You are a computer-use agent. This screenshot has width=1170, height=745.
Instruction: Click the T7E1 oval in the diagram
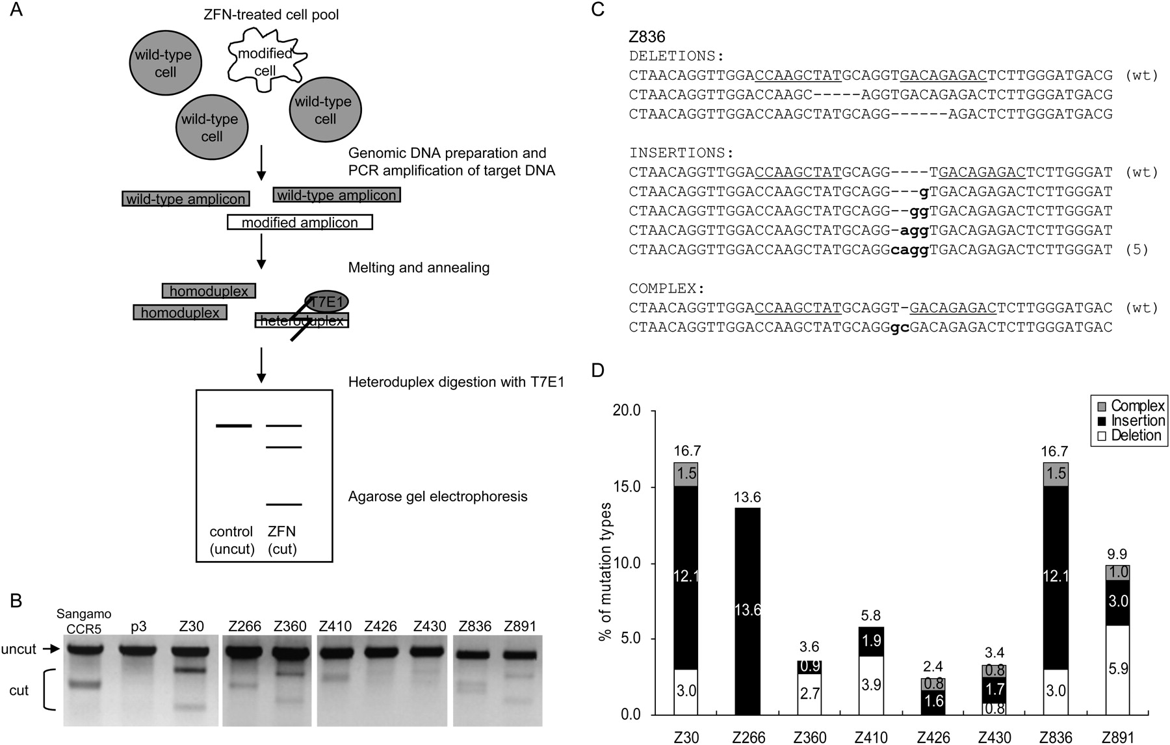[x=327, y=302]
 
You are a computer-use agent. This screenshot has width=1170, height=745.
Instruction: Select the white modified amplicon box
[x=300, y=222]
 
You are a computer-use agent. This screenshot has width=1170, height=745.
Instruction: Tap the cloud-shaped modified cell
[x=265, y=57]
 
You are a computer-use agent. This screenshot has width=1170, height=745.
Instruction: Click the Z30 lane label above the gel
[x=190, y=626]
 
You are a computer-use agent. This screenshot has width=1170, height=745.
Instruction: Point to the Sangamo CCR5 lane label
[x=84, y=621]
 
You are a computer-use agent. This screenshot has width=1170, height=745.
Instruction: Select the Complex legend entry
[x=1130, y=406]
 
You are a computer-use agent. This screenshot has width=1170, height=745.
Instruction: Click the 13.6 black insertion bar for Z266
[x=747, y=610]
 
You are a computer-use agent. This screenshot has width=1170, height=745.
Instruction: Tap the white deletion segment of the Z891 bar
[x=1118, y=670]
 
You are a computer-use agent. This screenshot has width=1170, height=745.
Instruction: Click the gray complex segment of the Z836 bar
[x=1056, y=474]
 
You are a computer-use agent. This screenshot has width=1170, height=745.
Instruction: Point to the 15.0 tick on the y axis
[x=627, y=487]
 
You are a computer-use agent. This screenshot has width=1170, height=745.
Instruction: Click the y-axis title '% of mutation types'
[x=605, y=571]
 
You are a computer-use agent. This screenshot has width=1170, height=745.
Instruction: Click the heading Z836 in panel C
[x=647, y=37]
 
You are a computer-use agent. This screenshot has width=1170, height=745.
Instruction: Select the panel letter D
[x=597, y=371]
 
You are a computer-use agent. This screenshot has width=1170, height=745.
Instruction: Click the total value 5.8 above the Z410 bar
[x=871, y=616]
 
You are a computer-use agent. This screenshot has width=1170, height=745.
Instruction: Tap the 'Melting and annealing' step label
[x=419, y=268]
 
